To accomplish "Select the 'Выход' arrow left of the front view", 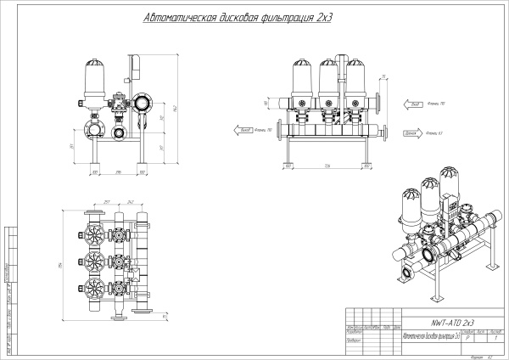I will pyautogui.click(x=243, y=130).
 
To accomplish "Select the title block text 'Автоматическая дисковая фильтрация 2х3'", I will pyautogui.click(x=433, y=336).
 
